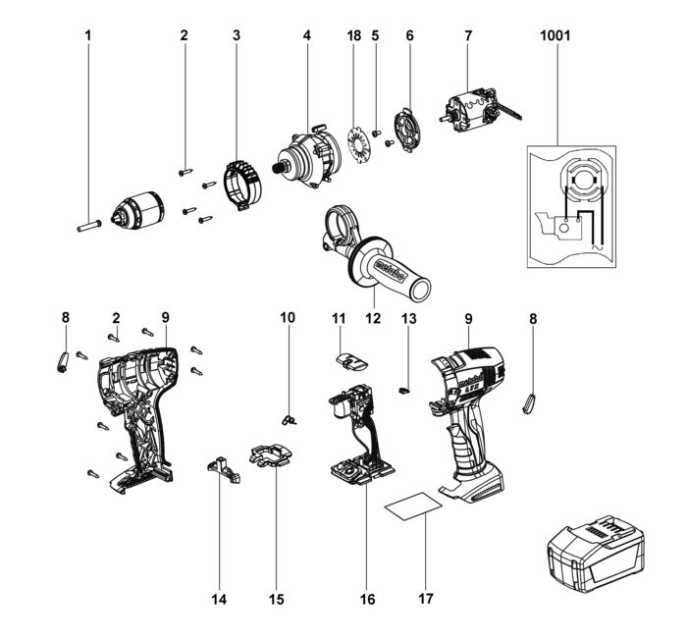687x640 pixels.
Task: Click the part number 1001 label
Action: click(555, 36)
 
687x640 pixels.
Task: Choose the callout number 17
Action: click(426, 598)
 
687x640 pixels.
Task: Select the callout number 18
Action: click(354, 36)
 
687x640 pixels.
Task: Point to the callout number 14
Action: click(220, 598)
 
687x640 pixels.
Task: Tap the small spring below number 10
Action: click(289, 419)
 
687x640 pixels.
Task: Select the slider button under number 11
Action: click(350, 361)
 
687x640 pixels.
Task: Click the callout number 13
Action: click(408, 318)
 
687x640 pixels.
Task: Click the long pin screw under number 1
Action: click(85, 225)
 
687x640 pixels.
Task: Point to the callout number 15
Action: click(276, 598)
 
